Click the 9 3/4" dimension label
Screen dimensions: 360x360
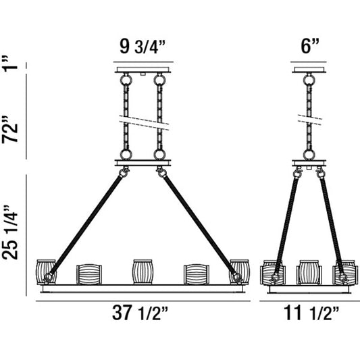pyautogui.click(x=143, y=47)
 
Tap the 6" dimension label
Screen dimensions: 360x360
pyautogui.click(x=310, y=47)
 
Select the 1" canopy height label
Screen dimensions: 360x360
pyautogui.click(x=9, y=62)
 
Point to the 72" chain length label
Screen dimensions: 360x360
pyautogui.click(x=9, y=129)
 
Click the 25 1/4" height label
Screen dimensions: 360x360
pyautogui.click(x=10, y=232)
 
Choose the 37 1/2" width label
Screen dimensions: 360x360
pyautogui.click(x=140, y=313)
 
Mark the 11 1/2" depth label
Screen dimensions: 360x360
pyautogui.click(x=311, y=313)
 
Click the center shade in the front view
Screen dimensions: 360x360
pyautogui.click(x=143, y=272)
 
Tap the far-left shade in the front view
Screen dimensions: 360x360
pyautogui.click(x=46, y=272)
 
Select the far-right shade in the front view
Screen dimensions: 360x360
pyautogui.click(x=240, y=272)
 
